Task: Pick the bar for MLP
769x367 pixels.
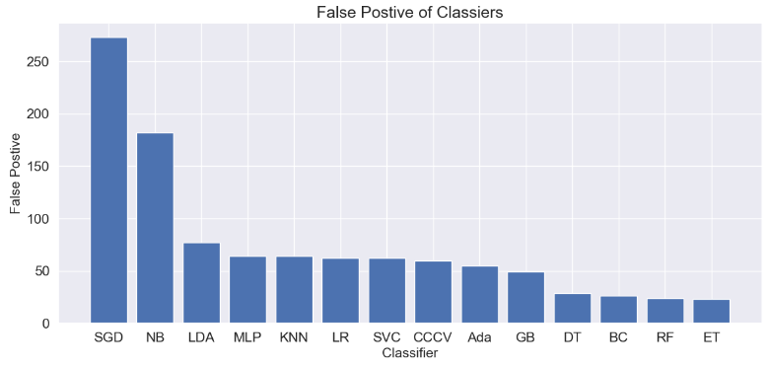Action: [x=247, y=290]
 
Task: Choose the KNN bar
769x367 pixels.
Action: [x=294, y=290]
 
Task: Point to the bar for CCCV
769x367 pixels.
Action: [x=433, y=292]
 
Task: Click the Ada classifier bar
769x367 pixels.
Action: [x=479, y=295]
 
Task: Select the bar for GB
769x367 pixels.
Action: [x=525, y=298]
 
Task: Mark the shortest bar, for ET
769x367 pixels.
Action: [x=711, y=312]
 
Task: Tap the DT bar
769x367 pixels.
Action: [x=572, y=309]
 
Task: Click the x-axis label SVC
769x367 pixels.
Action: [x=386, y=337]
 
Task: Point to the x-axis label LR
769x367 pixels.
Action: [x=340, y=337]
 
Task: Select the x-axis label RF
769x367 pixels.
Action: [x=664, y=337]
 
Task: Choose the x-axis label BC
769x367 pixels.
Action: [x=618, y=337]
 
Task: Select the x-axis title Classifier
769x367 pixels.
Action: [x=409, y=352]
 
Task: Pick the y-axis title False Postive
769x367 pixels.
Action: [x=16, y=176]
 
